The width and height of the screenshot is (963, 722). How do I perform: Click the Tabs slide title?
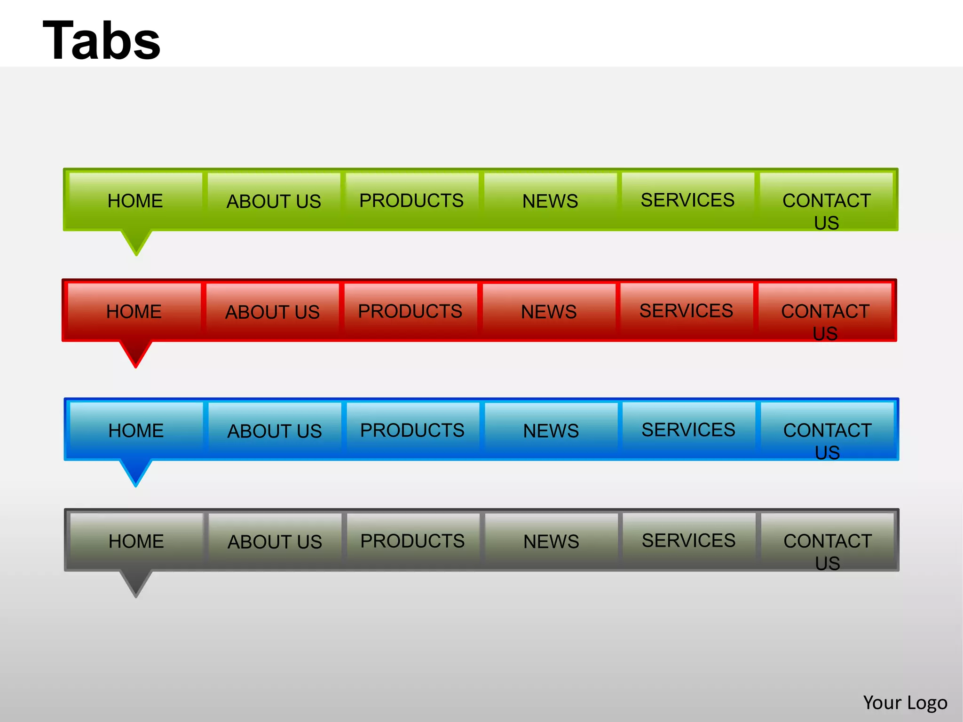(x=102, y=41)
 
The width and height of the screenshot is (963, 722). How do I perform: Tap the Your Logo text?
(x=905, y=703)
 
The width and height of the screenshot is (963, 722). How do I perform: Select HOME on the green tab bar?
(x=135, y=201)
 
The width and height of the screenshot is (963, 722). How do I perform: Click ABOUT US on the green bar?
(x=274, y=201)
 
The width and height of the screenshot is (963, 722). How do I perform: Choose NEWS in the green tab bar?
(x=550, y=201)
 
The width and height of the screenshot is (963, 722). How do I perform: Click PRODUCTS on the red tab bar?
(x=410, y=311)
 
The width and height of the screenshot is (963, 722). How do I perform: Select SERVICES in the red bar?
(x=686, y=311)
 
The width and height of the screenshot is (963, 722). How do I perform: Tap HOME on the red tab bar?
(x=134, y=312)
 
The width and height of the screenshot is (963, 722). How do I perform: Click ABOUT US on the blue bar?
(x=275, y=431)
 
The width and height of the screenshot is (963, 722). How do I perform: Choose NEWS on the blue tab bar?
(x=551, y=431)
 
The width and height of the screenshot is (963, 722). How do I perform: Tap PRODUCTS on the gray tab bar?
(x=412, y=541)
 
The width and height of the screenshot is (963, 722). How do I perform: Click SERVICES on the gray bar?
(x=688, y=541)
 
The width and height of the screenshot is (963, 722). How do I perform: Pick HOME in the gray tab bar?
(x=136, y=541)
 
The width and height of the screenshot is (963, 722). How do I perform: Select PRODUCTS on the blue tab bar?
(x=412, y=430)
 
